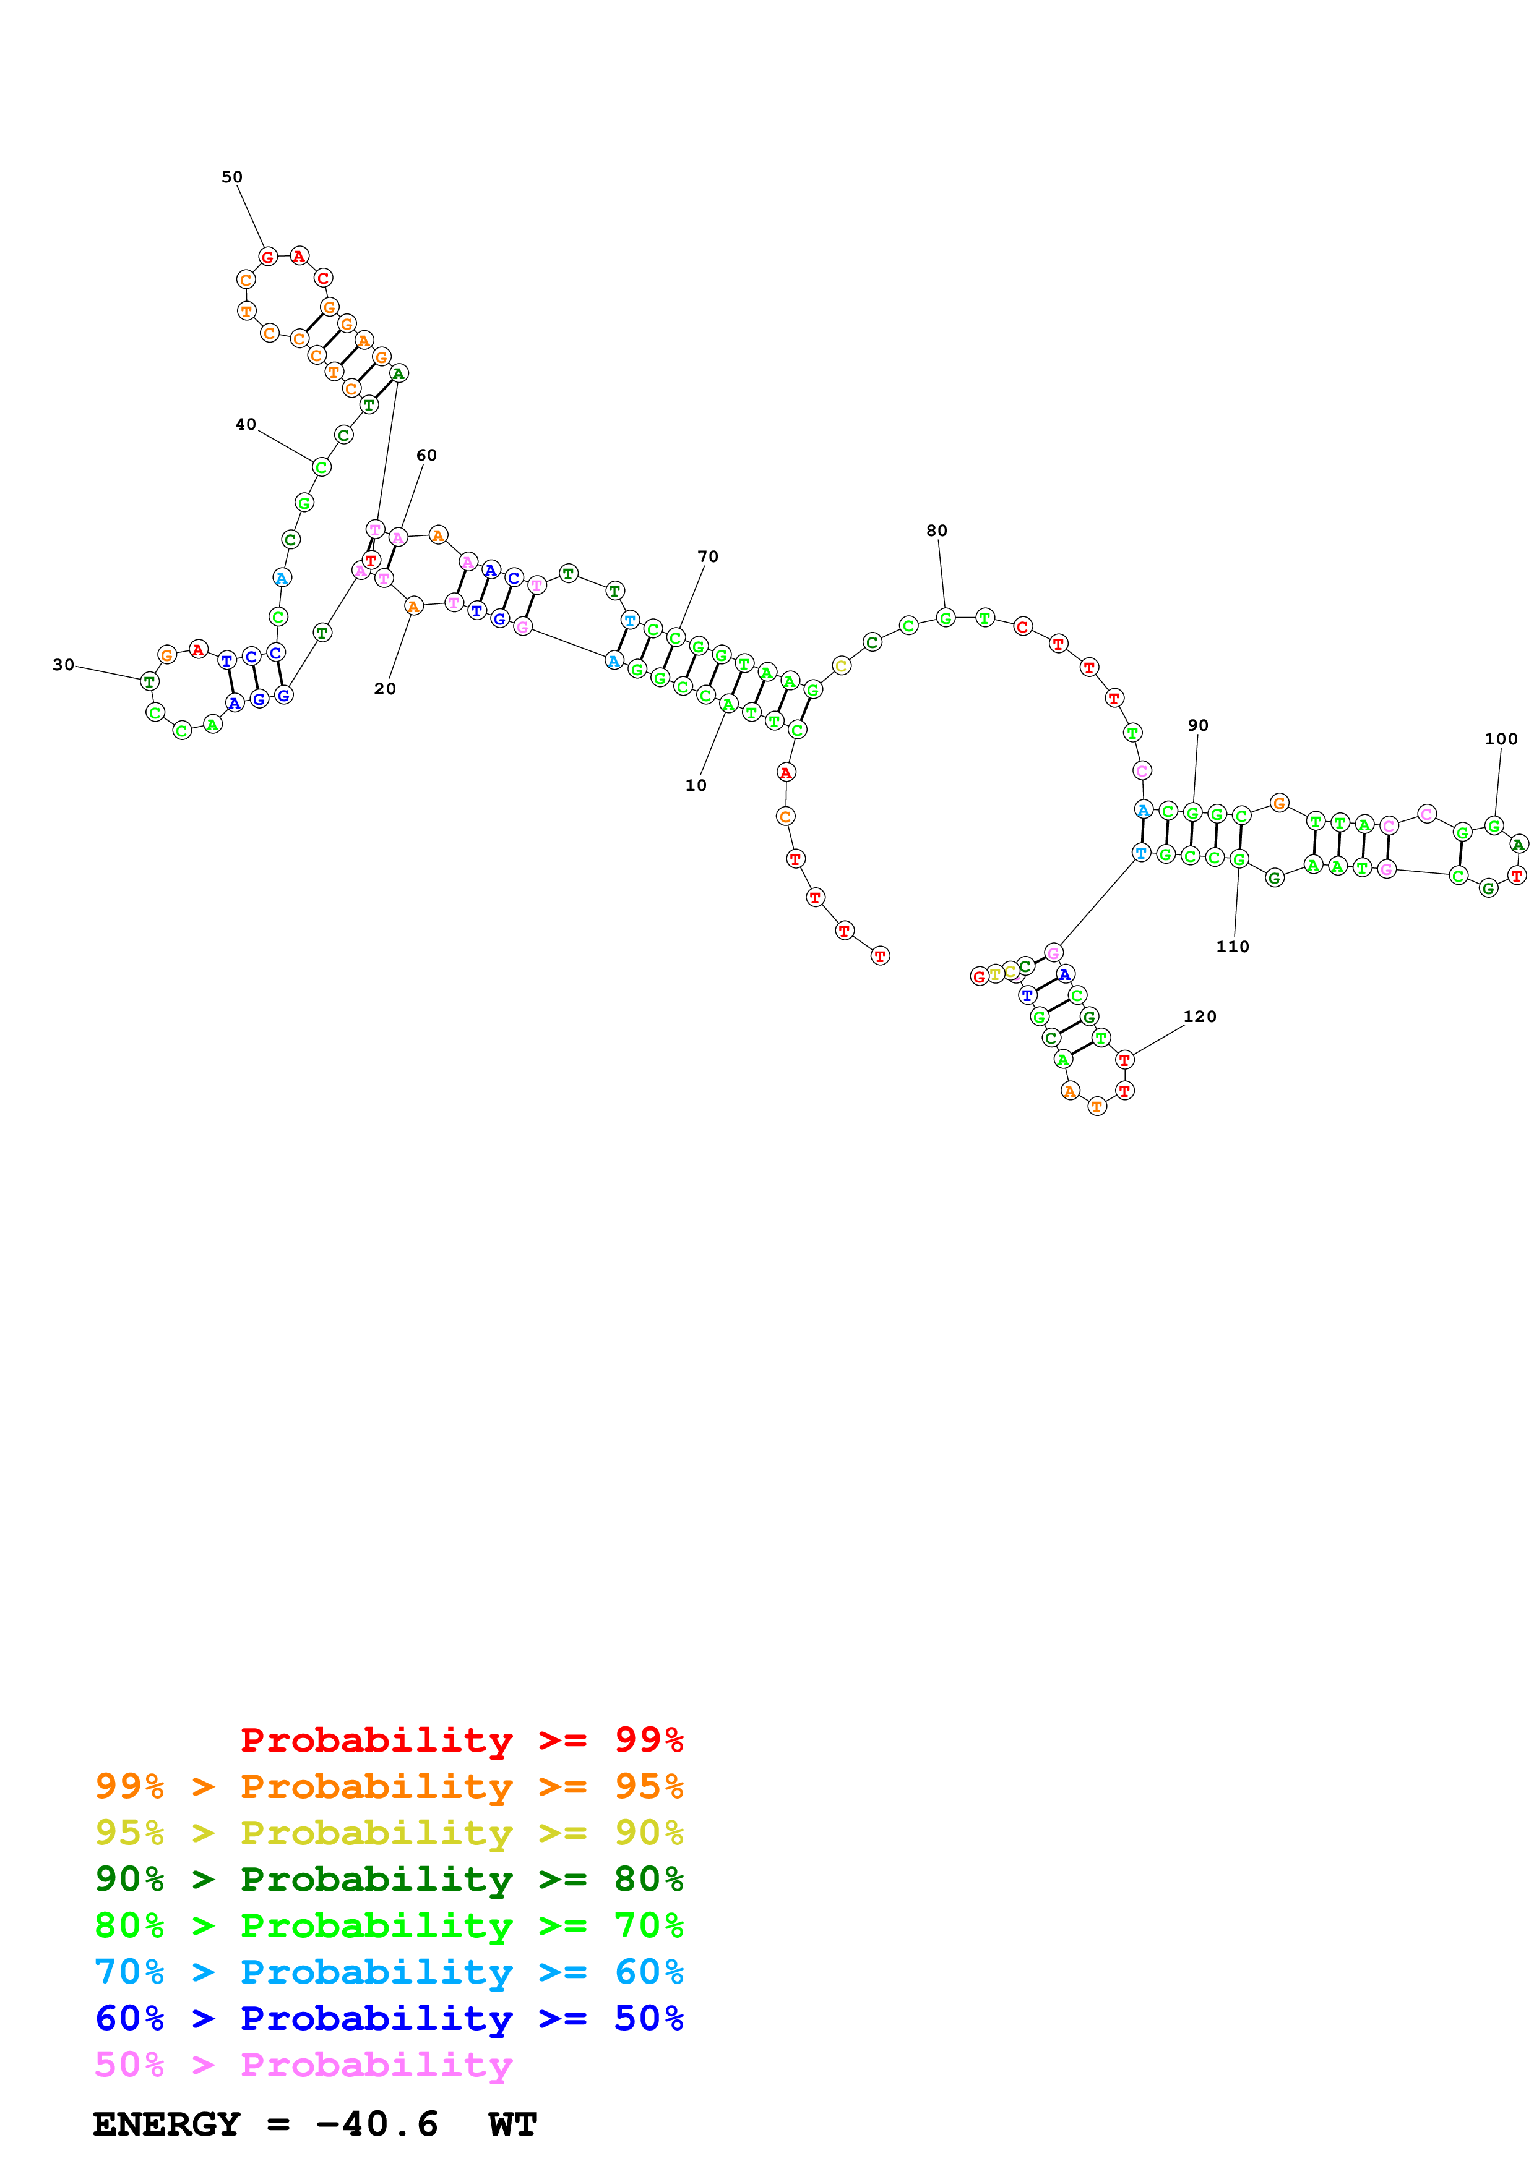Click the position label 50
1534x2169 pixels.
click(x=231, y=177)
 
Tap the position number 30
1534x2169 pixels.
click(x=63, y=665)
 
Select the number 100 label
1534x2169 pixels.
click(x=1501, y=739)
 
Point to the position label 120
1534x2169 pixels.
click(x=1199, y=1016)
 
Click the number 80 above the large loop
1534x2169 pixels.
click(x=937, y=531)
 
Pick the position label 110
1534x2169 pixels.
click(x=1233, y=947)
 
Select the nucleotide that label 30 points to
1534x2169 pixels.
click(x=149, y=681)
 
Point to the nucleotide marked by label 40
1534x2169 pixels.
click(x=321, y=467)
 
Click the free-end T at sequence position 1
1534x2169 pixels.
click(x=880, y=956)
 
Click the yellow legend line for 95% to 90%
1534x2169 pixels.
click(x=389, y=1833)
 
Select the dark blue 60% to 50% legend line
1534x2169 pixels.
click(x=389, y=2018)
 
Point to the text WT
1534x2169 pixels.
click(x=512, y=2124)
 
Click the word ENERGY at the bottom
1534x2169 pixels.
click(x=166, y=2124)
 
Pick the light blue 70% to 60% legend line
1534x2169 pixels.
click(x=389, y=1972)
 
